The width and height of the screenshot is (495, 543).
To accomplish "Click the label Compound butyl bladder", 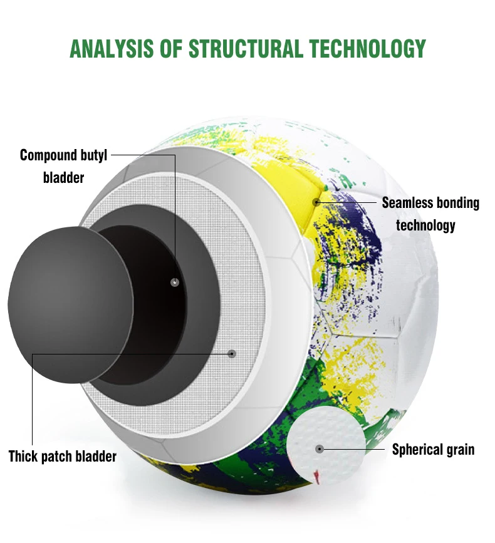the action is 63,166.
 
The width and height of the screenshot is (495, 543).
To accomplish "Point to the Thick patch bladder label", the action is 63,456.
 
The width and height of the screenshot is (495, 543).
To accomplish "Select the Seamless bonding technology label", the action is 430,214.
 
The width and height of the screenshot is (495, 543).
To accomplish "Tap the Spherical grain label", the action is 433,449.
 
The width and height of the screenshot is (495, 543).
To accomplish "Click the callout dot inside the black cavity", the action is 175,282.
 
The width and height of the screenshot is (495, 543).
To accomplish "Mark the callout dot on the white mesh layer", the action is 232,353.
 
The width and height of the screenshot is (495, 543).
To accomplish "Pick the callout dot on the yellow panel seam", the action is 316,202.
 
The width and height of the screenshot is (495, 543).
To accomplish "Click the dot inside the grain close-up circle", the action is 320,449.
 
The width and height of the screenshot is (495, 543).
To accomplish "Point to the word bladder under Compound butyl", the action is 63,178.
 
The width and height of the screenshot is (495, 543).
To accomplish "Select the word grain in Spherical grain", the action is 457,449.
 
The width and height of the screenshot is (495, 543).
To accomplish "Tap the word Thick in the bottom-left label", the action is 23,456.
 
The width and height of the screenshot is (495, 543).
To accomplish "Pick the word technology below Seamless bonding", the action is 425,225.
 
